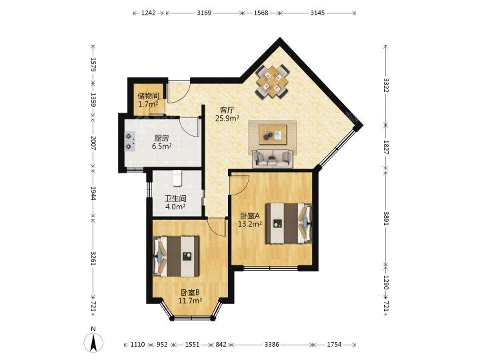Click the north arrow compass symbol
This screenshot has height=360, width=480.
click(93, 340)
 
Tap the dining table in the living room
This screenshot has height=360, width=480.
click(273, 81)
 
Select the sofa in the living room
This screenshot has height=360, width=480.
click(273, 159)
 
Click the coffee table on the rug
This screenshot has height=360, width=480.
click(273, 135)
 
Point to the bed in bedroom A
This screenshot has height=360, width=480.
click(289, 223)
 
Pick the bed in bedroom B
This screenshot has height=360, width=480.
click(176, 256)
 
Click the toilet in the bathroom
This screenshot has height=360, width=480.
click(177, 178)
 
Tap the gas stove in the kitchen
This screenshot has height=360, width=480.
click(130, 142)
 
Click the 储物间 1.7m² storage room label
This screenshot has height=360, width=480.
click(148, 100)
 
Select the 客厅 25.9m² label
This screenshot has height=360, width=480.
click(227, 114)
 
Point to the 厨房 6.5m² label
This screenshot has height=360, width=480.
click(161, 142)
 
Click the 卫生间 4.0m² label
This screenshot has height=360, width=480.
click(175, 203)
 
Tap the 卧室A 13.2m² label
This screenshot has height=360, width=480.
click(250, 219)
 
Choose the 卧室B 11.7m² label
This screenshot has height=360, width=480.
click(190, 296)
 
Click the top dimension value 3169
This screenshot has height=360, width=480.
click(204, 13)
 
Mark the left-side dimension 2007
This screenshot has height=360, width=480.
click(93, 143)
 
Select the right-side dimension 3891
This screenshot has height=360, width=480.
click(386, 219)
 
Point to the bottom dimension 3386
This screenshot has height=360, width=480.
click(272, 345)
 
